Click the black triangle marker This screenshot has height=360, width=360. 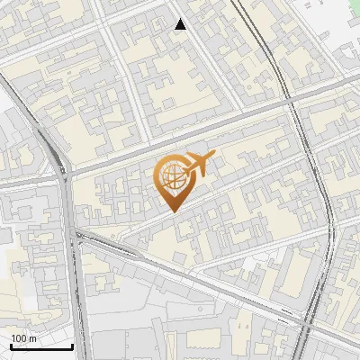pyautogui.click(x=181, y=24)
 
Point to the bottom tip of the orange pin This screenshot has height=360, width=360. pyautogui.click(x=173, y=211)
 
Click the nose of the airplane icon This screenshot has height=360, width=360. pyautogui.click(x=213, y=157)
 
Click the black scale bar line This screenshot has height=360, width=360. pyautogui.click(x=41, y=346)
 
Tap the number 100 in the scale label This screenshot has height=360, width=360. pyautogui.click(x=19, y=338)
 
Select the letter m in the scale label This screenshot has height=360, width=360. pyautogui.click(x=32, y=338)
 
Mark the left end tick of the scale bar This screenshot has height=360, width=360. pyautogui.click(x=11, y=345)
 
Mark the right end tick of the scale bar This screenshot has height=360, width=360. pyautogui.click(x=73, y=345)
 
